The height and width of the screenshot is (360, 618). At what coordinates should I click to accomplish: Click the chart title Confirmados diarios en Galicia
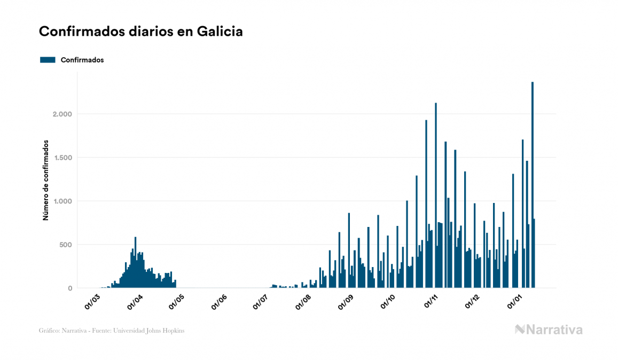click(x=141, y=32)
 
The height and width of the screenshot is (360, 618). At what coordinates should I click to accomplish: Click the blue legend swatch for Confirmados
click(x=48, y=60)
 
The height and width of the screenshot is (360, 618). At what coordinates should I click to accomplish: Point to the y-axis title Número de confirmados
click(x=46, y=181)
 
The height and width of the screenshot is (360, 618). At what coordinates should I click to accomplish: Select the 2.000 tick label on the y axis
click(x=62, y=114)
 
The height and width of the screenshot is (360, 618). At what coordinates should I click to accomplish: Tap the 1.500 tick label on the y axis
click(x=62, y=158)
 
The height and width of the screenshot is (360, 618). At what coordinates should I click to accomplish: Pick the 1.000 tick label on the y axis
click(x=62, y=201)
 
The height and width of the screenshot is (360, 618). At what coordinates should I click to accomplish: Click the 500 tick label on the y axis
click(x=65, y=245)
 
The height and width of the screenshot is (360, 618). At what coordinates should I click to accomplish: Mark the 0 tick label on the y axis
click(x=69, y=288)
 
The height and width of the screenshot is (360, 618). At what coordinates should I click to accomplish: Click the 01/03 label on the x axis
click(x=92, y=303)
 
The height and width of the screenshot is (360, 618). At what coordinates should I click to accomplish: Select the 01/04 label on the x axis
click(x=135, y=303)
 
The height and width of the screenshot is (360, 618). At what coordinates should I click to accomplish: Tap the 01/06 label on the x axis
click(x=219, y=303)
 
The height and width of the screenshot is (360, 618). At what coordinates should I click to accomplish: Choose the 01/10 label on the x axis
click(x=388, y=303)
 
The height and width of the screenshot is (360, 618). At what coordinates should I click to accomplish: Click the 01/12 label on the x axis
click(x=472, y=303)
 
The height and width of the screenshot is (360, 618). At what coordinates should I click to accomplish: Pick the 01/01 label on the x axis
click(x=514, y=303)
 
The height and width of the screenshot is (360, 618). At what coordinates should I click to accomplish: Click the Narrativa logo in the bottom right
click(x=549, y=330)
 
